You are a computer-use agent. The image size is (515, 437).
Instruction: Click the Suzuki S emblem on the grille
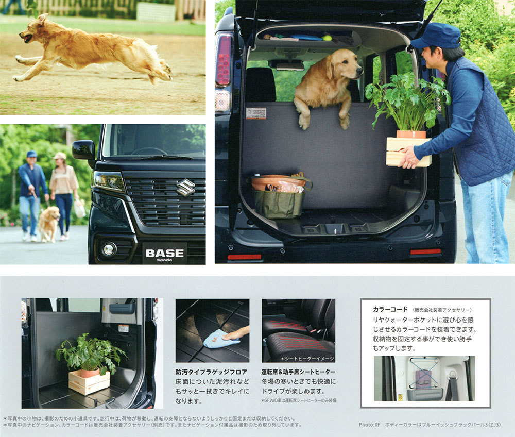[186, 187]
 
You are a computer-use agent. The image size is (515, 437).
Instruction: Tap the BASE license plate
[165, 254]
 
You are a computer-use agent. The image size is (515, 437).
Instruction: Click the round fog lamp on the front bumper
[108, 249]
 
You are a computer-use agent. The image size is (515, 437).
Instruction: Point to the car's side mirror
[83, 150]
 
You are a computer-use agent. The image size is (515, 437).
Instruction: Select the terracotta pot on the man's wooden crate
[411, 134]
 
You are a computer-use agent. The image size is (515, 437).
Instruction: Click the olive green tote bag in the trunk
[279, 199]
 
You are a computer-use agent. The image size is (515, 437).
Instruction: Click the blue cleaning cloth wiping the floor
[221, 340]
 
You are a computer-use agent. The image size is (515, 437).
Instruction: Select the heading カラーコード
[390, 309]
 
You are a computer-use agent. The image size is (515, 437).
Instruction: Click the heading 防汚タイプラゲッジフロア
[211, 372]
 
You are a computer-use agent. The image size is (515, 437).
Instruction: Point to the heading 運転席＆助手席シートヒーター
[298, 372]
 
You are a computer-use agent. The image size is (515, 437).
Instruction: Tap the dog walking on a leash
[49, 224]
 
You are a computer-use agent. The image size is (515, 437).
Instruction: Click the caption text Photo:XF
[369, 425]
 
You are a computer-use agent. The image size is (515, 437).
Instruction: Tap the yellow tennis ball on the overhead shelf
[327, 38]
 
